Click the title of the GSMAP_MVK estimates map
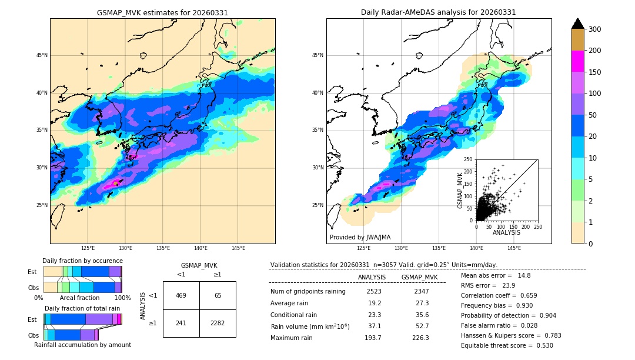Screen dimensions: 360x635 click(162, 12)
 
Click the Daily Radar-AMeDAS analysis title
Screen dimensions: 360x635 click(439, 12)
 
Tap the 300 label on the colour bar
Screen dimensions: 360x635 click(594, 29)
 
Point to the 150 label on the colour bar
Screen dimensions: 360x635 click(594, 72)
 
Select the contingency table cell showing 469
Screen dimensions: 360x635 click(181, 295)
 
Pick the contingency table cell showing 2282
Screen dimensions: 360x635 click(218, 323)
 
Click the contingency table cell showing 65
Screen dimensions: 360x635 click(218, 295)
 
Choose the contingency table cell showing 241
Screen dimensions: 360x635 click(181, 323)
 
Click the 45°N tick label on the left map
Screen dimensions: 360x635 click(42, 55)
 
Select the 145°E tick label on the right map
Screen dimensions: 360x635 click(514, 248)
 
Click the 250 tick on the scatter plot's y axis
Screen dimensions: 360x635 click(468, 159)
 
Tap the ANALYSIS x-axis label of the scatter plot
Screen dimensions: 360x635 click(506, 233)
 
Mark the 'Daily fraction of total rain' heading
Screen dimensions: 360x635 click(82, 308)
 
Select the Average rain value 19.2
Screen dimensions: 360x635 click(375, 303)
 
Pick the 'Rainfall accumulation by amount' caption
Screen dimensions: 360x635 click(82, 345)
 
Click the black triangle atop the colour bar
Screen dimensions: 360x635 click(578, 24)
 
